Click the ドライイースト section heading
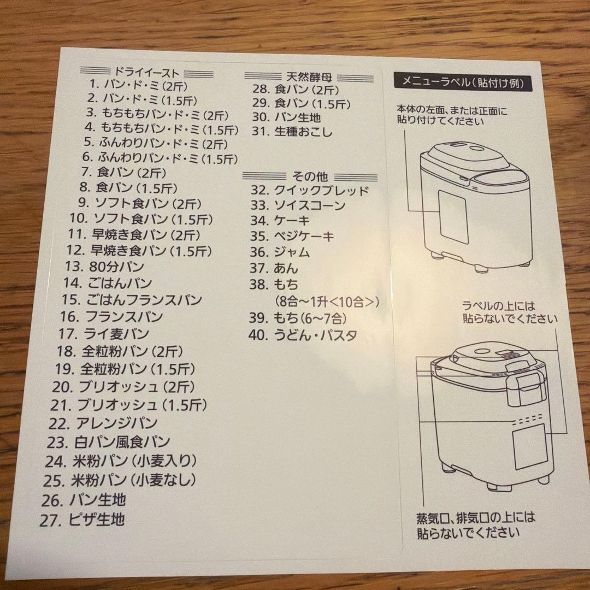click(x=146, y=71)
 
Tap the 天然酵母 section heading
click(x=309, y=76)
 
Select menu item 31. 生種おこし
click(x=292, y=132)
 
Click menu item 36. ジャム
click(x=280, y=252)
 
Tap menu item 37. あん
click(x=274, y=268)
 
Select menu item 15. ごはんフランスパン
click(x=132, y=300)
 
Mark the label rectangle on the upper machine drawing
click(x=453, y=219)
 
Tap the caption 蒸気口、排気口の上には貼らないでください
click(x=475, y=523)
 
